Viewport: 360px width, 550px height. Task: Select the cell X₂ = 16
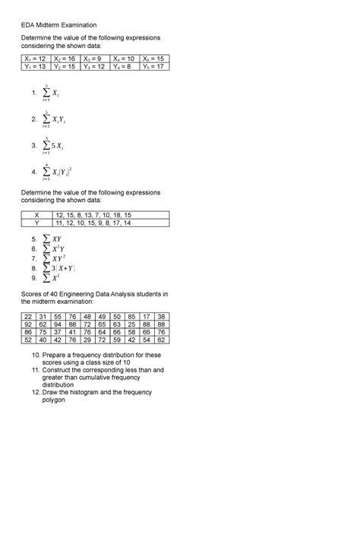(66, 58)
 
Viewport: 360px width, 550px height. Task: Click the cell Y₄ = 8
(125, 66)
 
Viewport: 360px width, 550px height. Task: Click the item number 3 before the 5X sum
(33, 145)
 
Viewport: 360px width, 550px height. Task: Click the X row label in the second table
(36, 215)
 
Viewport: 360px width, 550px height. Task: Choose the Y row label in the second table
(36, 223)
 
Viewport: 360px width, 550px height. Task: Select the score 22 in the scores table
(29, 315)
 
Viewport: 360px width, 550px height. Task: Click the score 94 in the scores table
(65, 324)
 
